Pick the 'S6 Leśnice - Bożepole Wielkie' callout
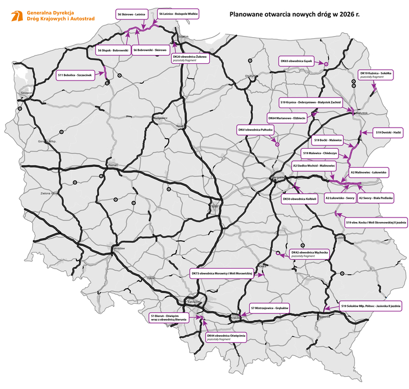tap(178, 13)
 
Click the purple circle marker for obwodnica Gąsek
tap(326, 64)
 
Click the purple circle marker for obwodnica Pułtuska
tap(276, 145)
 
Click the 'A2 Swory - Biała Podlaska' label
tap(376, 198)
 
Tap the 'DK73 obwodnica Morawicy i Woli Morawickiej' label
tap(221, 274)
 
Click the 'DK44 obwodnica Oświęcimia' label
tap(226, 337)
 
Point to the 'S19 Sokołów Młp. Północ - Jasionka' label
tap(371, 306)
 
